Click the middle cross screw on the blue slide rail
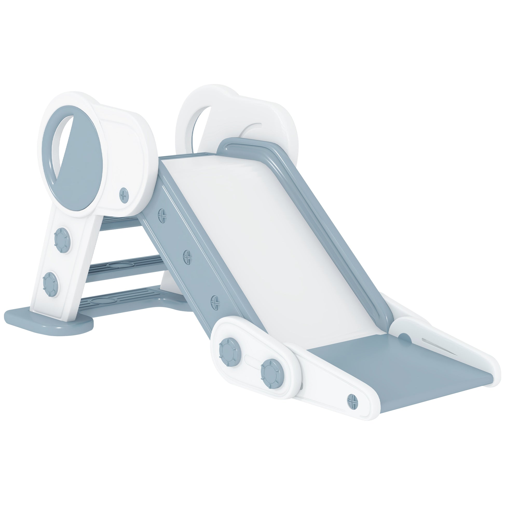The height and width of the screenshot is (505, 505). coord(187,255)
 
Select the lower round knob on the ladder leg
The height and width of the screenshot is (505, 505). coord(50,284)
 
